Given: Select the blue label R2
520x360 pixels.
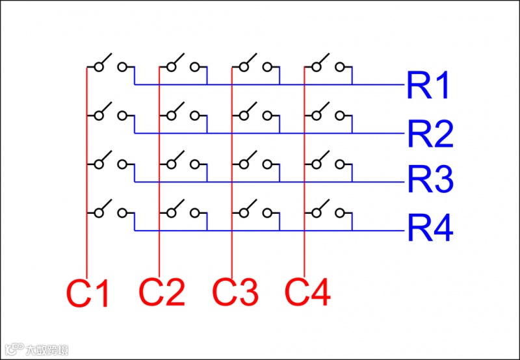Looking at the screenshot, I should (430, 134).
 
